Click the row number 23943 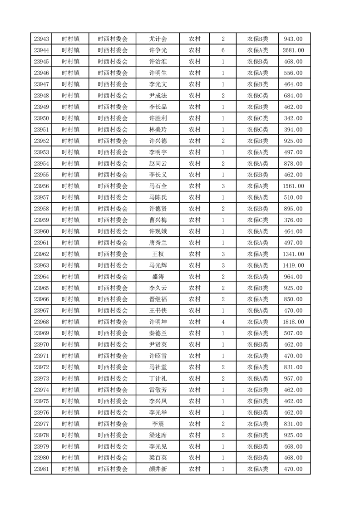click(41, 39)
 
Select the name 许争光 click(158, 50)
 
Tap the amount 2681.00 click(293, 50)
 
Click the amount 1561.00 click(293, 186)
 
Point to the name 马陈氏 click(158, 197)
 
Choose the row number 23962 click(41, 254)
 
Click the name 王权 click(158, 254)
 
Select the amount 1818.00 click(293, 322)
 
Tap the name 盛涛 click(158, 277)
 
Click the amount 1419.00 click(293, 265)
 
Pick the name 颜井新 click(158, 469)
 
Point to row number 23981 click(41, 469)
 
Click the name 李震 click(158, 424)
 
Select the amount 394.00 click(293, 130)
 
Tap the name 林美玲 click(158, 130)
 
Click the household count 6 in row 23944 click(223, 50)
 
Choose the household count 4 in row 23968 click(223, 322)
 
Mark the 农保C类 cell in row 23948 click(257, 96)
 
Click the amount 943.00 click(293, 39)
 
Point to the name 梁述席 click(158, 435)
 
